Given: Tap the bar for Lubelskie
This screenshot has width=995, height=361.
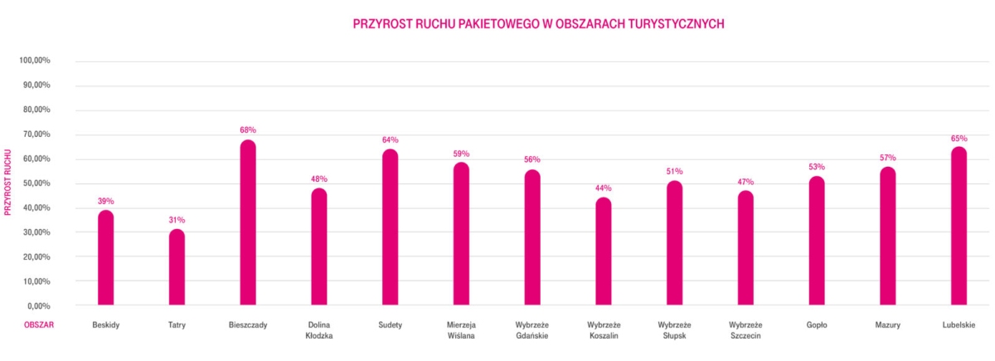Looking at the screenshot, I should click(x=959, y=226).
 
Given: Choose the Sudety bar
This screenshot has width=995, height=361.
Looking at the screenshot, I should click(x=390, y=227).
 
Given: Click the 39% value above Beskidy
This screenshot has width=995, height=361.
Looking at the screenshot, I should click(x=106, y=201).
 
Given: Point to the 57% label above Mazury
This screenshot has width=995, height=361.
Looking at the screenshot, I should click(x=888, y=158).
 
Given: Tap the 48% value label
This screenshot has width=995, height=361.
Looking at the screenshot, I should click(x=319, y=178).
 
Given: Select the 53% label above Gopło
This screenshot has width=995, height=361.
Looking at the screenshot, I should click(x=817, y=167).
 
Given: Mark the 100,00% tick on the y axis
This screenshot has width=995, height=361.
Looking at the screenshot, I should click(x=36, y=61).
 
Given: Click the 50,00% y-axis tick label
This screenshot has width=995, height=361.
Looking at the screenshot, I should click(x=36, y=183).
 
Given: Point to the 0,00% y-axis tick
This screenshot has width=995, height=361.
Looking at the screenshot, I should click(x=39, y=306).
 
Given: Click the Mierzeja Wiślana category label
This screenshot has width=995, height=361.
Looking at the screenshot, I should click(x=461, y=330).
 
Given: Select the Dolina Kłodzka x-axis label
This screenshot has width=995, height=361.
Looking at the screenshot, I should click(x=319, y=330).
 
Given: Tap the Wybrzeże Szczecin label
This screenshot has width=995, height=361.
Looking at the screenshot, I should click(x=745, y=330).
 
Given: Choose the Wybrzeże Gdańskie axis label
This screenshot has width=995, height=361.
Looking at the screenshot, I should click(x=532, y=330).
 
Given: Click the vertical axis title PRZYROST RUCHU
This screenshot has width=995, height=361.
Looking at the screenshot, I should click(x=8, y=183).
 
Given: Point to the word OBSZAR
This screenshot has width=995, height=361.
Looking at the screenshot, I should click(x=38, y=324).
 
